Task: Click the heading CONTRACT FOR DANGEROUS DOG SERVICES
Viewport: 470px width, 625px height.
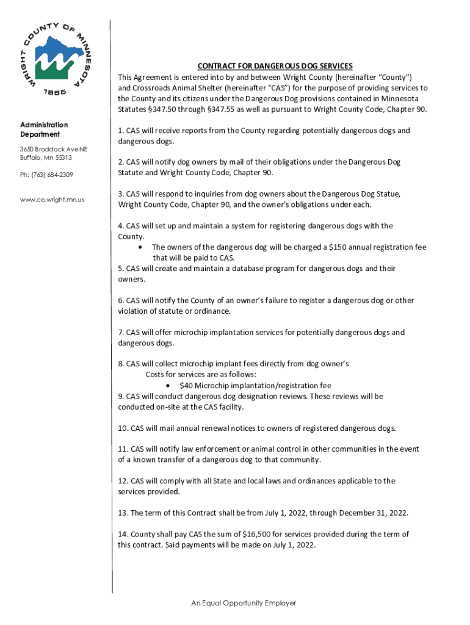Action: (274, 66)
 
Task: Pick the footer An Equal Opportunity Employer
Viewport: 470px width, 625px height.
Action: (243, 603)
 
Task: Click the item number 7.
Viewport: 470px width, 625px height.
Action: (120, 333)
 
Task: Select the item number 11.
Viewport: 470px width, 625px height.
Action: (122, 449)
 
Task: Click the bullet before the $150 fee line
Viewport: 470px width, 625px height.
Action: (141, 247)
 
